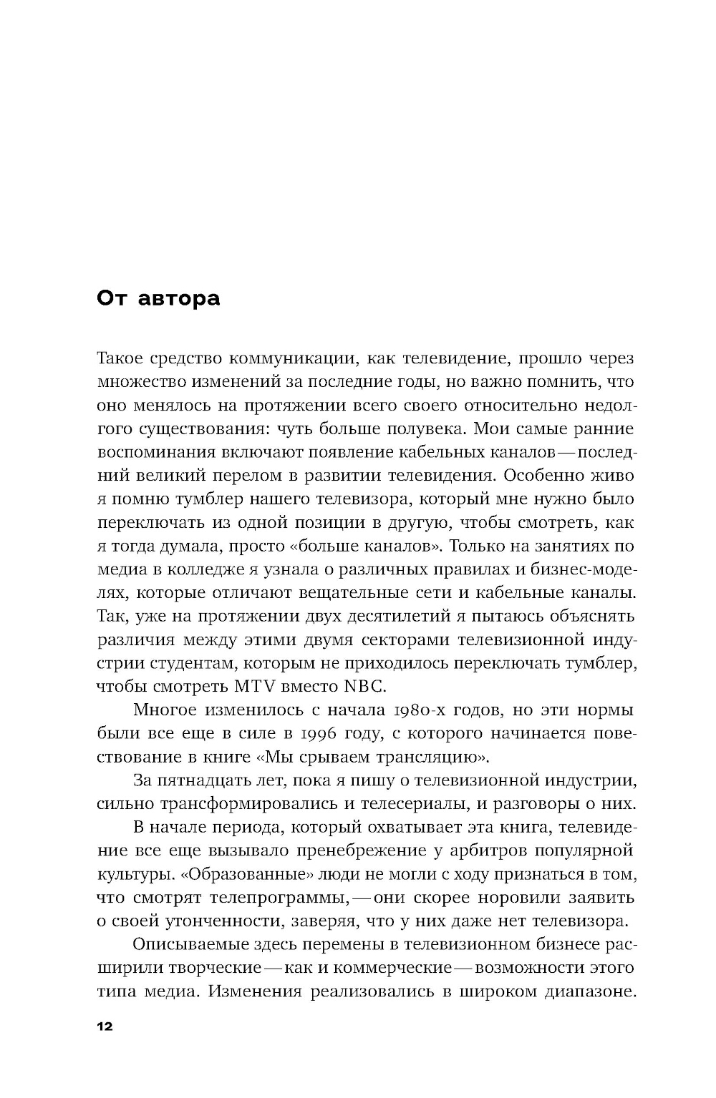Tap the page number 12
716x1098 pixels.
[x=105, y=1026]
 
